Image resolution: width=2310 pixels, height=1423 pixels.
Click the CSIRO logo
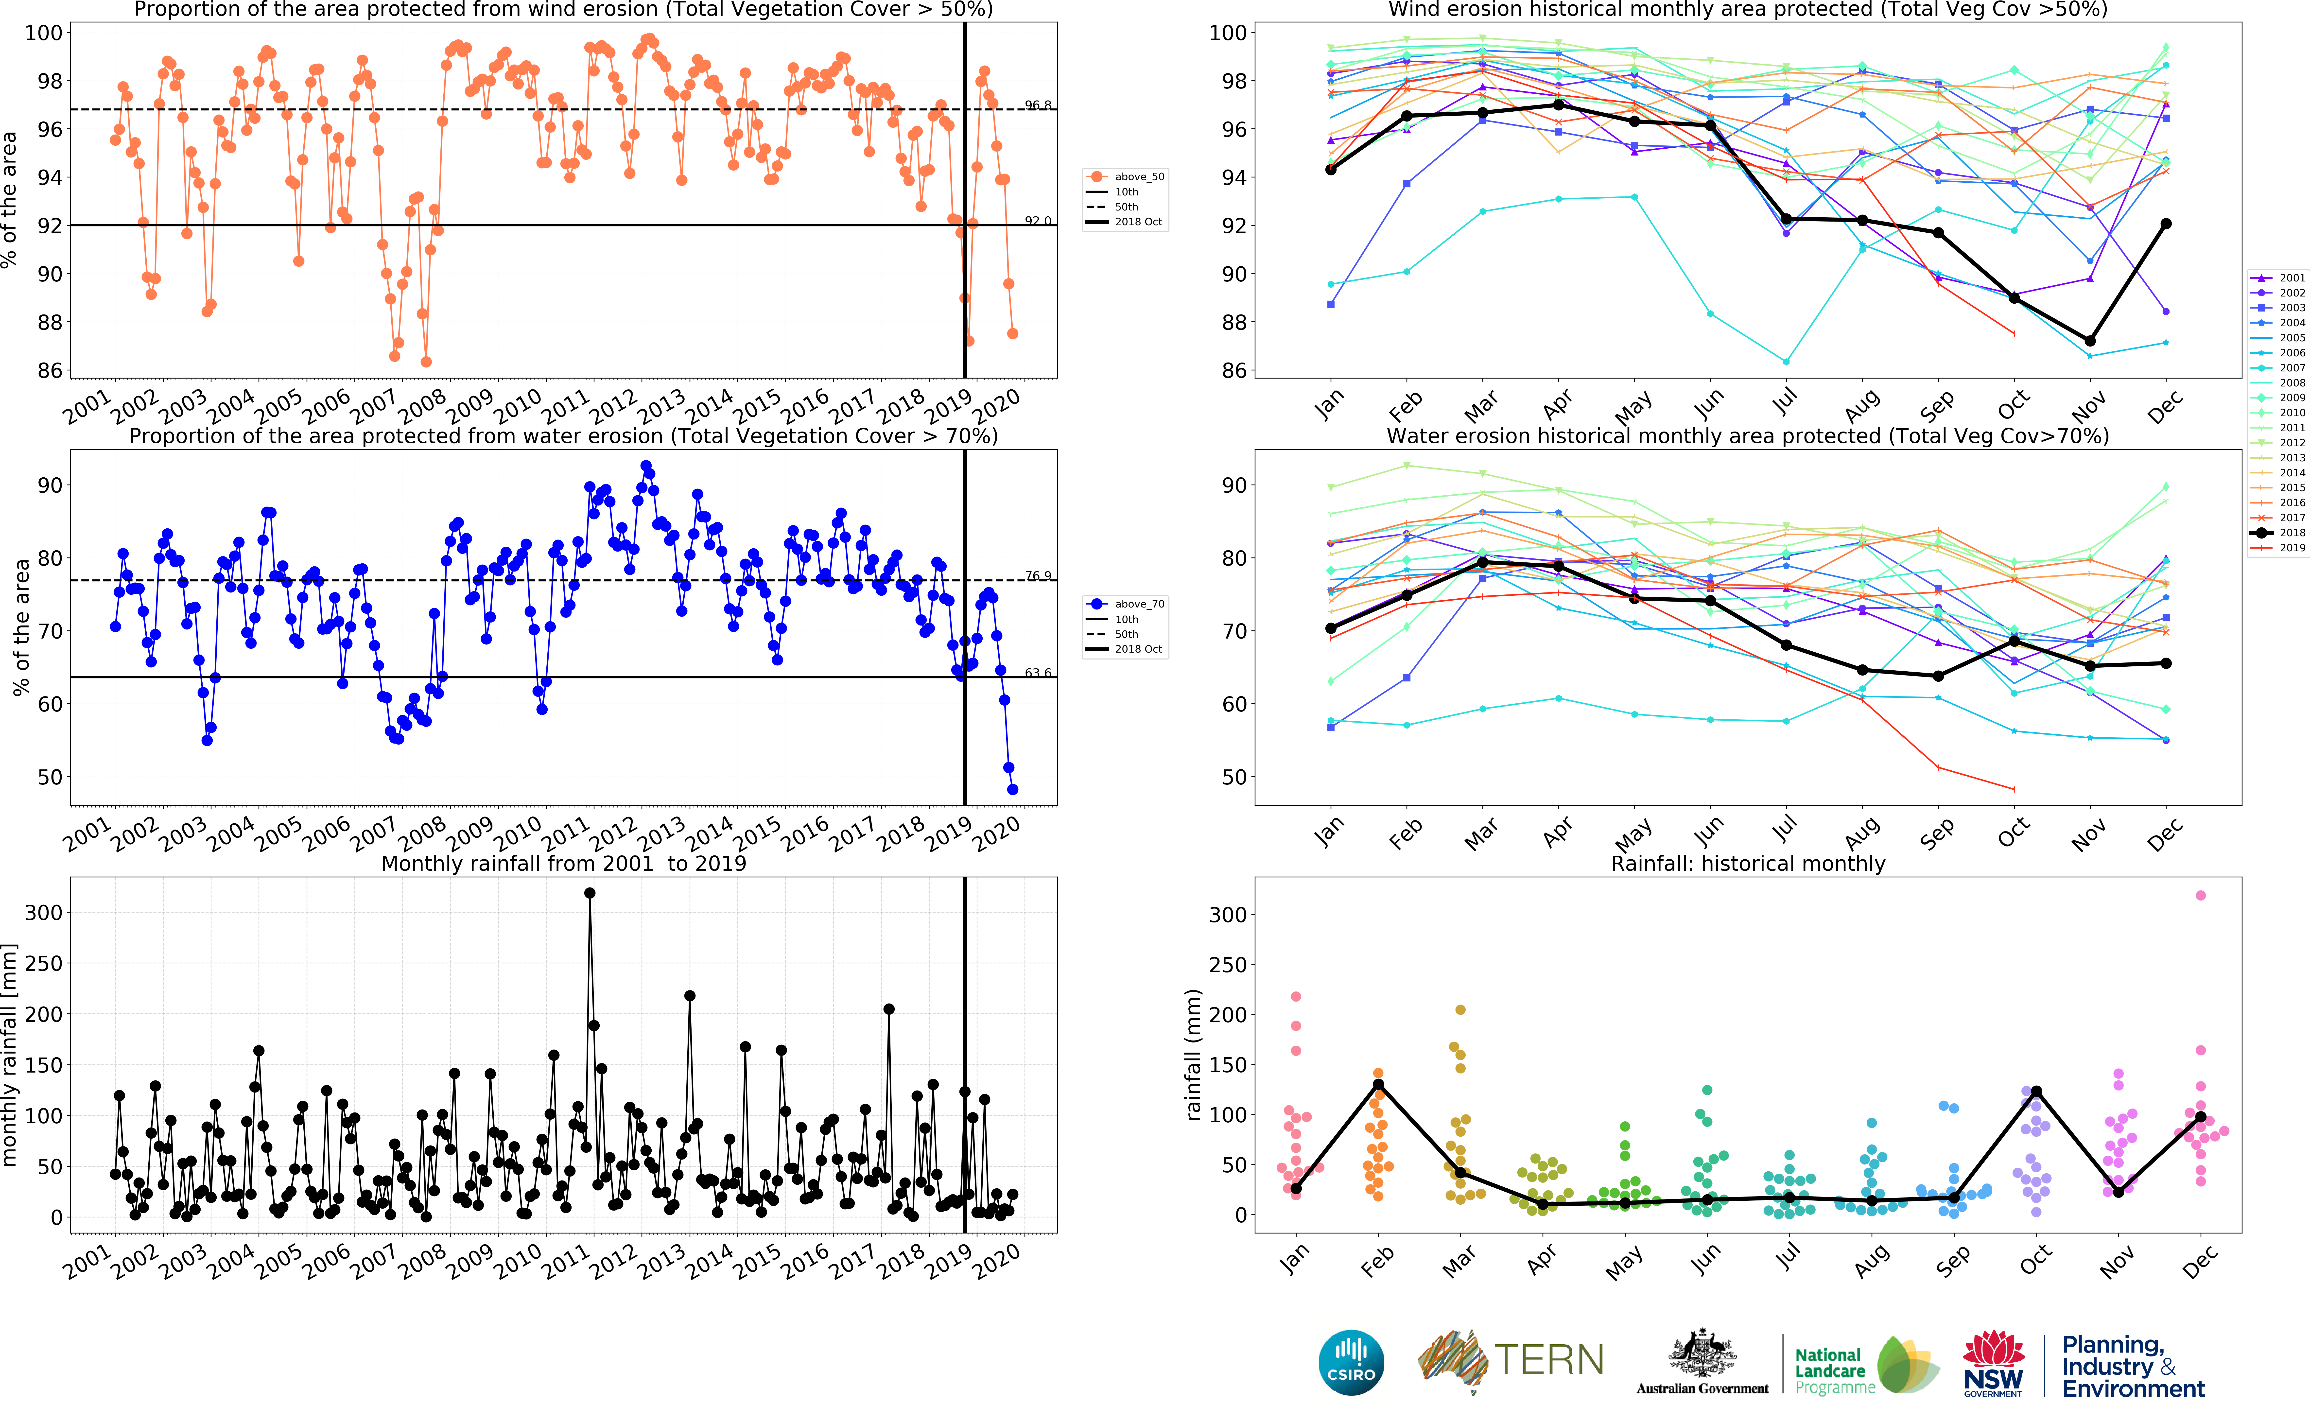coord(1351,1362)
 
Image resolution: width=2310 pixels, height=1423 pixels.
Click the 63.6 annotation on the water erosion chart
coord(1038,673)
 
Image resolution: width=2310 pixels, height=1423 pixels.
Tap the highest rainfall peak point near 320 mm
coord(590,893)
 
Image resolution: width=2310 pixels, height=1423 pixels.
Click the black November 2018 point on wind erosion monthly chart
coord(2090,341)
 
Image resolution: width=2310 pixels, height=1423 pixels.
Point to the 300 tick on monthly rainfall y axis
coord(43,912)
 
